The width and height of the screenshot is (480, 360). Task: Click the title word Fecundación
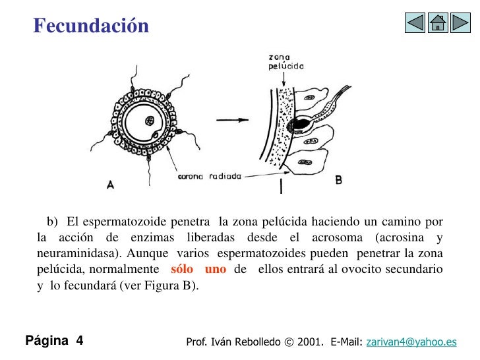tap(91, 26)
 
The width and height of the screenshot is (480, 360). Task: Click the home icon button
tap(437, 23)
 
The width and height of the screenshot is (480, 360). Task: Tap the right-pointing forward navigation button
tap(460, 23)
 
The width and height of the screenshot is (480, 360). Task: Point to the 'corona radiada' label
tap(210, 176)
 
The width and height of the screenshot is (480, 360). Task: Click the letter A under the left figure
tap(110, 185)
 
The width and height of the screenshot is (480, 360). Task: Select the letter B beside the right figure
tap(338, 179)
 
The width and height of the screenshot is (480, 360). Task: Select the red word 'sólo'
tap(182, 269)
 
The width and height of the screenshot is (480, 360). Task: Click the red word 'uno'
tap(216, 269)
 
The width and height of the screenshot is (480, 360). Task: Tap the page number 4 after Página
tap(79, 341)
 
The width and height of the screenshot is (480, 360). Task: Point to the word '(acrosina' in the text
tap(398, 237)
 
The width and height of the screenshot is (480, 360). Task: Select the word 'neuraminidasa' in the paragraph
tap(74, 253)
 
